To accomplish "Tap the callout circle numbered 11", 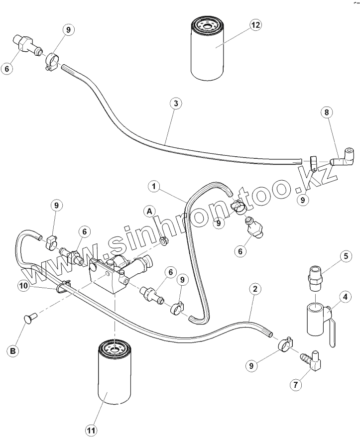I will point(92,431).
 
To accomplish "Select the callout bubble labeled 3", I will point(174,104).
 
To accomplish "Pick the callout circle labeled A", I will point(149,211).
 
